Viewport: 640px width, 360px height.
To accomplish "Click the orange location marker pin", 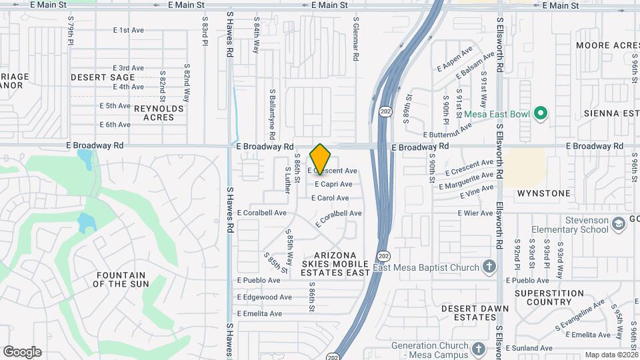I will [x=321, y=159].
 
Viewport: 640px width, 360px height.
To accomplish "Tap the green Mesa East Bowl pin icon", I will [x=541, y=114].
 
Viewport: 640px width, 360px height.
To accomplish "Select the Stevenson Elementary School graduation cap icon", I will [x=620, y=225].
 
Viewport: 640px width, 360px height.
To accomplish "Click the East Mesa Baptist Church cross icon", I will [x=490, y=267].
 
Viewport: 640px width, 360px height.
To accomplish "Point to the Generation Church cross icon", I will [x=479, y=349].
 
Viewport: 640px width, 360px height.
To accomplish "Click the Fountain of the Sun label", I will [x=121, y=279].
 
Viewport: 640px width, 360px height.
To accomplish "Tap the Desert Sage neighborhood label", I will [x=103, y=77].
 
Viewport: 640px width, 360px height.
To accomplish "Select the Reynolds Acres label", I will [x=159, y=113].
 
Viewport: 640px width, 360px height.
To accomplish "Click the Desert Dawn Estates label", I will [x=475, y=313].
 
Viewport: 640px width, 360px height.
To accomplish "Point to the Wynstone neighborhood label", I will [x=544, y=193].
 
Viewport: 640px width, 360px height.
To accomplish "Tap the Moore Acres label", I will [x=607, y=45].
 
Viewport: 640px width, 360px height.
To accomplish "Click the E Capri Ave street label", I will [x=333, y=184].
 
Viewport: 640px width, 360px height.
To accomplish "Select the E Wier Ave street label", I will [x=475, y=213].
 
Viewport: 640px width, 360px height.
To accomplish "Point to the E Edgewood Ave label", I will [x=265, y=297].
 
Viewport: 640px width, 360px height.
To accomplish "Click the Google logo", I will [x=22, y=352].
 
